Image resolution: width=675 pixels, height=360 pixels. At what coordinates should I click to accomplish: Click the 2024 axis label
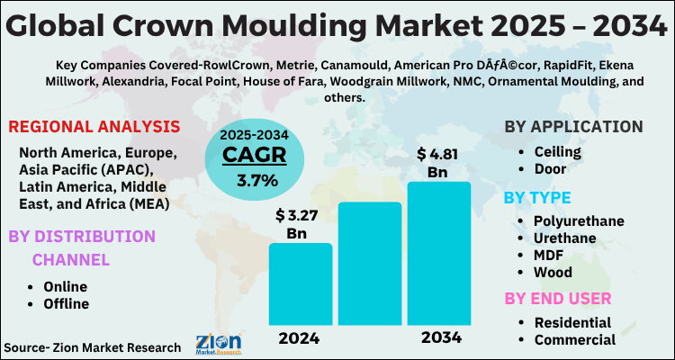(300, 338)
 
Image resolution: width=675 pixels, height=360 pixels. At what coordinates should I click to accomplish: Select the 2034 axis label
(439, 338)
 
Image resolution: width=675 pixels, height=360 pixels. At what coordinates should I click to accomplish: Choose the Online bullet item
(66, 285)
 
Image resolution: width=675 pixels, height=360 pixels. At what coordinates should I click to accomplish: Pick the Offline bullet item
(66, 303)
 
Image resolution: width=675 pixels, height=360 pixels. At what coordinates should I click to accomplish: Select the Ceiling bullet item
(558, 153)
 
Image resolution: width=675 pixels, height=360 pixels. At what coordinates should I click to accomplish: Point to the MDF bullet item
(550, 255)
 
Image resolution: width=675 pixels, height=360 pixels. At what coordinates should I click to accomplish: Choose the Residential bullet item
(572, 322)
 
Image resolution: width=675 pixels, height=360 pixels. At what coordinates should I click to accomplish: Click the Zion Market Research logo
(218, 345)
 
